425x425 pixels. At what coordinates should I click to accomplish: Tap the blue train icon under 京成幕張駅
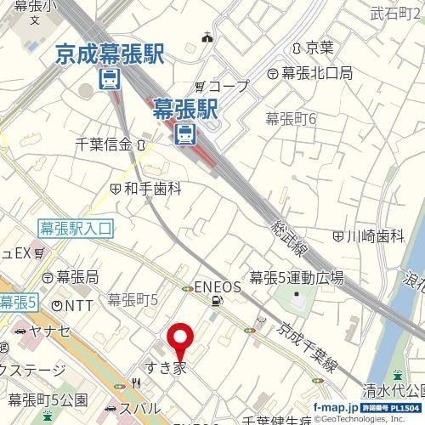point(109,79)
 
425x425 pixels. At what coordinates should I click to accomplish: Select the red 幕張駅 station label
point(185,107)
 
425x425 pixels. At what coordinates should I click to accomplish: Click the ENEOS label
point(218,286)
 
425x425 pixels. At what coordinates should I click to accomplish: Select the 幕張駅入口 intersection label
point(76,227)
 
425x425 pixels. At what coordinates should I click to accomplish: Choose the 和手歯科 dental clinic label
point(153,188)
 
